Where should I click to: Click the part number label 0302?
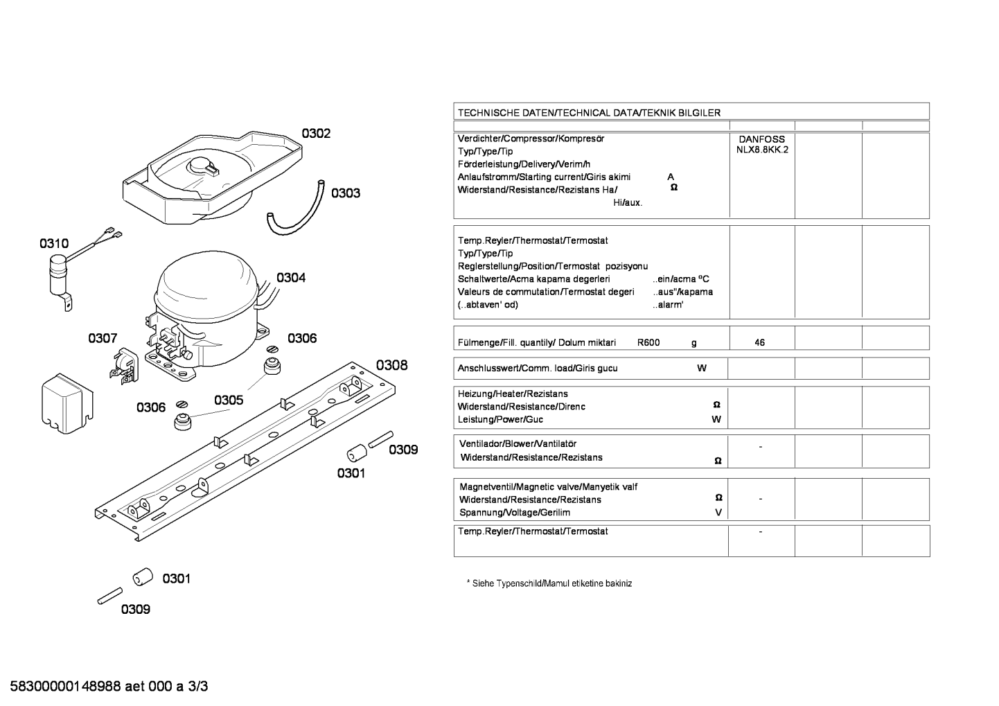point(316,133)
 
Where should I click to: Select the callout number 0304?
point(291,278)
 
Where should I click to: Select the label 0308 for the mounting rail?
point(391,365)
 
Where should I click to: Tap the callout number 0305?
point(229,400)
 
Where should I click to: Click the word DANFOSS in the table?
point(762,139)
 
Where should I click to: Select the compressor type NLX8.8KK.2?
point(762,150)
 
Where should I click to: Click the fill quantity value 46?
point(759,342)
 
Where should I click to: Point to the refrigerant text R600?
point(648,342)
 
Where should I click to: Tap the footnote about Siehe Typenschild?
point(549,583)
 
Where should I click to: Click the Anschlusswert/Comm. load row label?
point(538,369)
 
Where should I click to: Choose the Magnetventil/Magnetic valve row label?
point(548,487)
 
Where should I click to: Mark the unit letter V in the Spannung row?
point(718,513)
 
